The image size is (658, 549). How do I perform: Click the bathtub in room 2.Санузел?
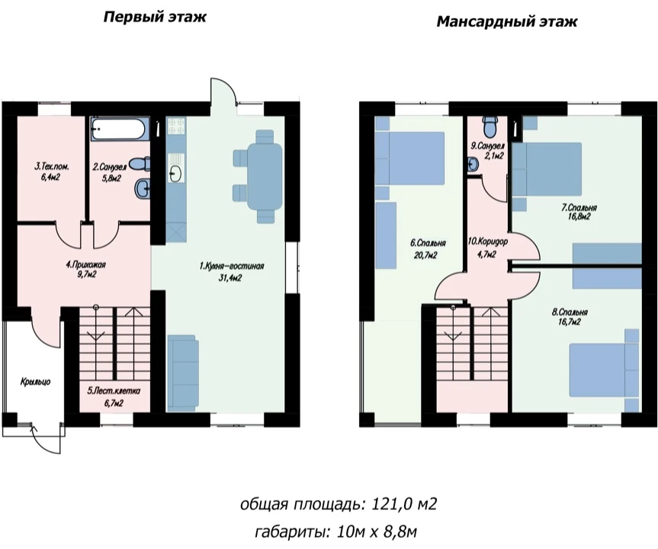120,129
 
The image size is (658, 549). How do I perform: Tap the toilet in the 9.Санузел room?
489,126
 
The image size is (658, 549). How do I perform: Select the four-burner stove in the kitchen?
176,126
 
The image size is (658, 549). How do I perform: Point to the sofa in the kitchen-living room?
183,372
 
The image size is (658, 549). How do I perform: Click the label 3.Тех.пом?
52,167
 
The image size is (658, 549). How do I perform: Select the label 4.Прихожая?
85,265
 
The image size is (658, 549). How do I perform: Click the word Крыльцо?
35,381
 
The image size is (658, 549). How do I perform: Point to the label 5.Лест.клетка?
114,391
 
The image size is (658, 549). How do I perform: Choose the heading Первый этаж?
155,18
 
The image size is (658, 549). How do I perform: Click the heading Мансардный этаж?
507,21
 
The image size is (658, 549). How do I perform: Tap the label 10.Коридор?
488,242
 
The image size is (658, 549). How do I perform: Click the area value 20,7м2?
425,255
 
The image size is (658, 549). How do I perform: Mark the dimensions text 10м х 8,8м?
377,531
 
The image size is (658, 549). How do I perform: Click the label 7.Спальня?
579,207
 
